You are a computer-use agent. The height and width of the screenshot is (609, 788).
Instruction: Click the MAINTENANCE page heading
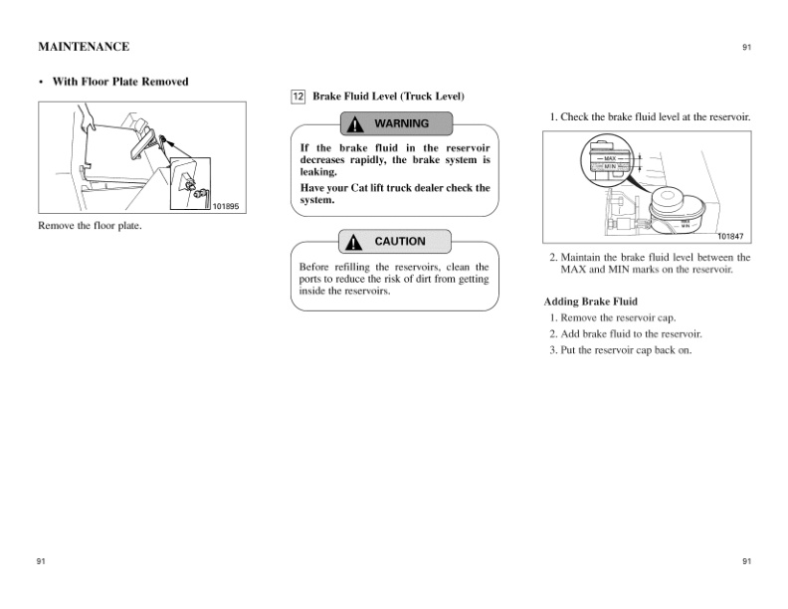click(84, 47)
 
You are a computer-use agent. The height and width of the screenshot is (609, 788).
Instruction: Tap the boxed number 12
click(297, 97)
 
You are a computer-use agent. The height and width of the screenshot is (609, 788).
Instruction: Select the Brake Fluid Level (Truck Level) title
click(389, 97)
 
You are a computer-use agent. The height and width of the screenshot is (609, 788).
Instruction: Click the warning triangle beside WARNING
click(355, 124)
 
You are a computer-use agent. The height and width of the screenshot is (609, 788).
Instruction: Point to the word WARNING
click(401, 124)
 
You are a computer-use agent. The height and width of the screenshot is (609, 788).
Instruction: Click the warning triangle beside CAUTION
click(355, 242)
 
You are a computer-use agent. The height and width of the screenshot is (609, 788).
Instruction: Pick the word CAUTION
click(400, 242)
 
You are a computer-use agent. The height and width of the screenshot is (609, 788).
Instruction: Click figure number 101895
click(225, 207)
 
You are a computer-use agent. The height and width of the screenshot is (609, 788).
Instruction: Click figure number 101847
click(730, 236)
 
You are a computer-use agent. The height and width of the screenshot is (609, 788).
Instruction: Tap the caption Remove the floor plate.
click(90, 226)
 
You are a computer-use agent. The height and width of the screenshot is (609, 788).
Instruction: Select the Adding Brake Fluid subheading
click(591, 302)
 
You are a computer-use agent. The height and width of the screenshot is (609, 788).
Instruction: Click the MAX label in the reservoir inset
click(610, 158)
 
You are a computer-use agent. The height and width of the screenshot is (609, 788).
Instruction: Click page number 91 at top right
click(746, 48)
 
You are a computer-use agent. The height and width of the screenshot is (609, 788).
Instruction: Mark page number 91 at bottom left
click(41, 562)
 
